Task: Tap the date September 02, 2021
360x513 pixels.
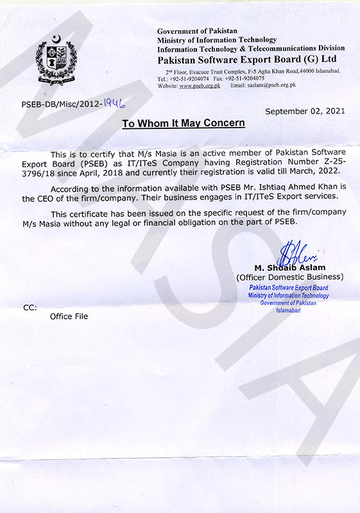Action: (x=305, y=111)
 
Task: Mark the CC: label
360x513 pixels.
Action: (x=30, y=308)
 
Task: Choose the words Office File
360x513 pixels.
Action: (x=69, y=316)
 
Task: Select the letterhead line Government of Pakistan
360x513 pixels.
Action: (x=197, y=31)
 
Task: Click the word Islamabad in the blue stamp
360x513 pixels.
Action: (x=289, y=310)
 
